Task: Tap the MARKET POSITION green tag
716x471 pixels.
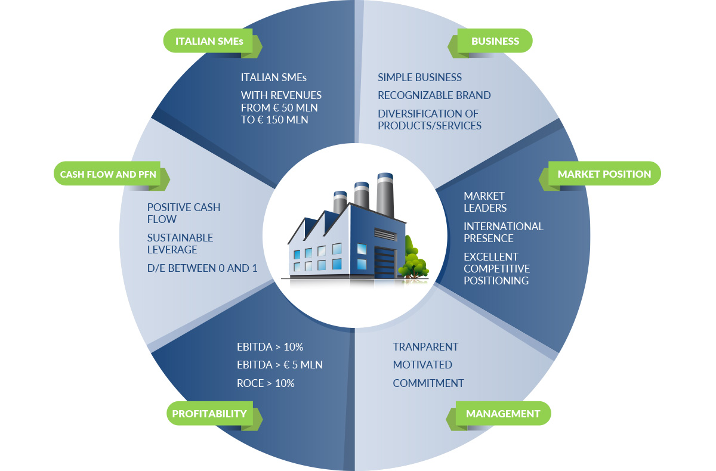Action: [x=600, y=174]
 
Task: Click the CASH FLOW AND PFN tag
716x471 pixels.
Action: [x=112, y=174]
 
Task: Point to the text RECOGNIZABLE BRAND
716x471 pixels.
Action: [x=434, y=95]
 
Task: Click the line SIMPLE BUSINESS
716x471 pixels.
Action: [x=419, y=78]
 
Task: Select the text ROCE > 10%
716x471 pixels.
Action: [x=266, y=383]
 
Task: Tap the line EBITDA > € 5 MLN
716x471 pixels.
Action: [x=280, y=365]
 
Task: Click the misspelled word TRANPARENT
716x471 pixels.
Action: [x=425, y=347]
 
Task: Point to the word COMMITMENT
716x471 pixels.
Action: [x=428, y=383]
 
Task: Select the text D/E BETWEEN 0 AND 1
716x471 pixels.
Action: [x=202, y=268]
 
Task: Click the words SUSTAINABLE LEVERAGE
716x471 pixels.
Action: [x=180, y=244]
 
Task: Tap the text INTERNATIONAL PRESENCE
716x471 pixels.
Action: [x=504, y=232]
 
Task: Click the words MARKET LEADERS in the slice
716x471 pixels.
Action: [x=485, y=202]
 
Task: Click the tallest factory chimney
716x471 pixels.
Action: [x=385, y=195]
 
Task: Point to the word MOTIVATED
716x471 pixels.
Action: [x=422, y=365]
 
